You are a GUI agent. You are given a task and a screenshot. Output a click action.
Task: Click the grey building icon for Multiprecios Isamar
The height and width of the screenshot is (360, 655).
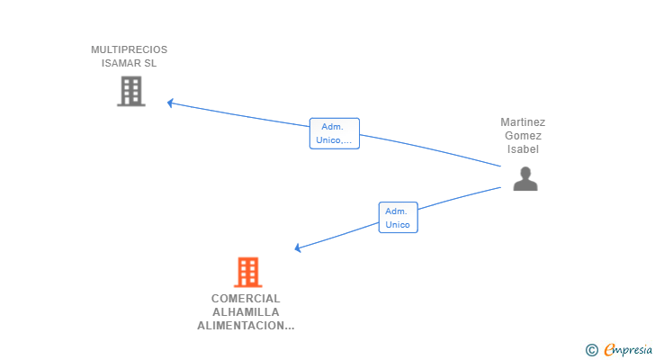click(131, 91)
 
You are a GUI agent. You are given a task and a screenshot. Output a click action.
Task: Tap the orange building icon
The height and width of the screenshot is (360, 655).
click(247, 271)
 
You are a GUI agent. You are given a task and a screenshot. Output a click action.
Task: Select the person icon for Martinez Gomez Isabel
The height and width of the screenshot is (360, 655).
click(525, 179)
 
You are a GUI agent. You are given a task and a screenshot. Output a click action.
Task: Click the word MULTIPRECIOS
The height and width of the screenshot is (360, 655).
click(129, 49)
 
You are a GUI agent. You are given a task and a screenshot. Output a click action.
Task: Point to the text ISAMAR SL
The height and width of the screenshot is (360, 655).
click(129, 63)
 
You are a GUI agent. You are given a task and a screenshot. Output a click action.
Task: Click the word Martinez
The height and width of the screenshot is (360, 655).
click(523, 121)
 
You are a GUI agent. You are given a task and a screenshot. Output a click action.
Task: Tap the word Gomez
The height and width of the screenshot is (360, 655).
click(523, 135)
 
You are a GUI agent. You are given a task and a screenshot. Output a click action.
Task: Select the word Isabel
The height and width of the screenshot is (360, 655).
click(523, 149)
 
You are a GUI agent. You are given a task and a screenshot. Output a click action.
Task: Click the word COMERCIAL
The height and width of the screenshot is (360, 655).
click(246, 298)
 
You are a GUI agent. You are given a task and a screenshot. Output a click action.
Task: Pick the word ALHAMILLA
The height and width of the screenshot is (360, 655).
click(246, 312)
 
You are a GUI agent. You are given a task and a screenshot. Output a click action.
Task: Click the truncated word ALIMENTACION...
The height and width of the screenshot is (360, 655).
click(246, 326)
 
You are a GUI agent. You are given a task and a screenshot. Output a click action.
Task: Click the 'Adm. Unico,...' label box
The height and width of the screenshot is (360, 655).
click(334, 133)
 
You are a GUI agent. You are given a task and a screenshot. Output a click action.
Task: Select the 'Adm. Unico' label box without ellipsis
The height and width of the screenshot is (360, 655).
click(398, 217)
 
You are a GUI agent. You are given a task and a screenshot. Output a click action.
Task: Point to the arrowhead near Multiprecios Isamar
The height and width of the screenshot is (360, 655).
click(170, 103)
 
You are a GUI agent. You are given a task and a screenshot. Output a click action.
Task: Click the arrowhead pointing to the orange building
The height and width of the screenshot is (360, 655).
click(299, 248)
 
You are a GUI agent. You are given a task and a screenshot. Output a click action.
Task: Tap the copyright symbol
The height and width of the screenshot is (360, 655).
click(591, 349)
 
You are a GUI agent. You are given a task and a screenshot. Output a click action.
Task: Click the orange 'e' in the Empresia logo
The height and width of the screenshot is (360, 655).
click(609, 349)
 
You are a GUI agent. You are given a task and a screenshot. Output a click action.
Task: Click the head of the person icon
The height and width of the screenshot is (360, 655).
click(525, 172)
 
